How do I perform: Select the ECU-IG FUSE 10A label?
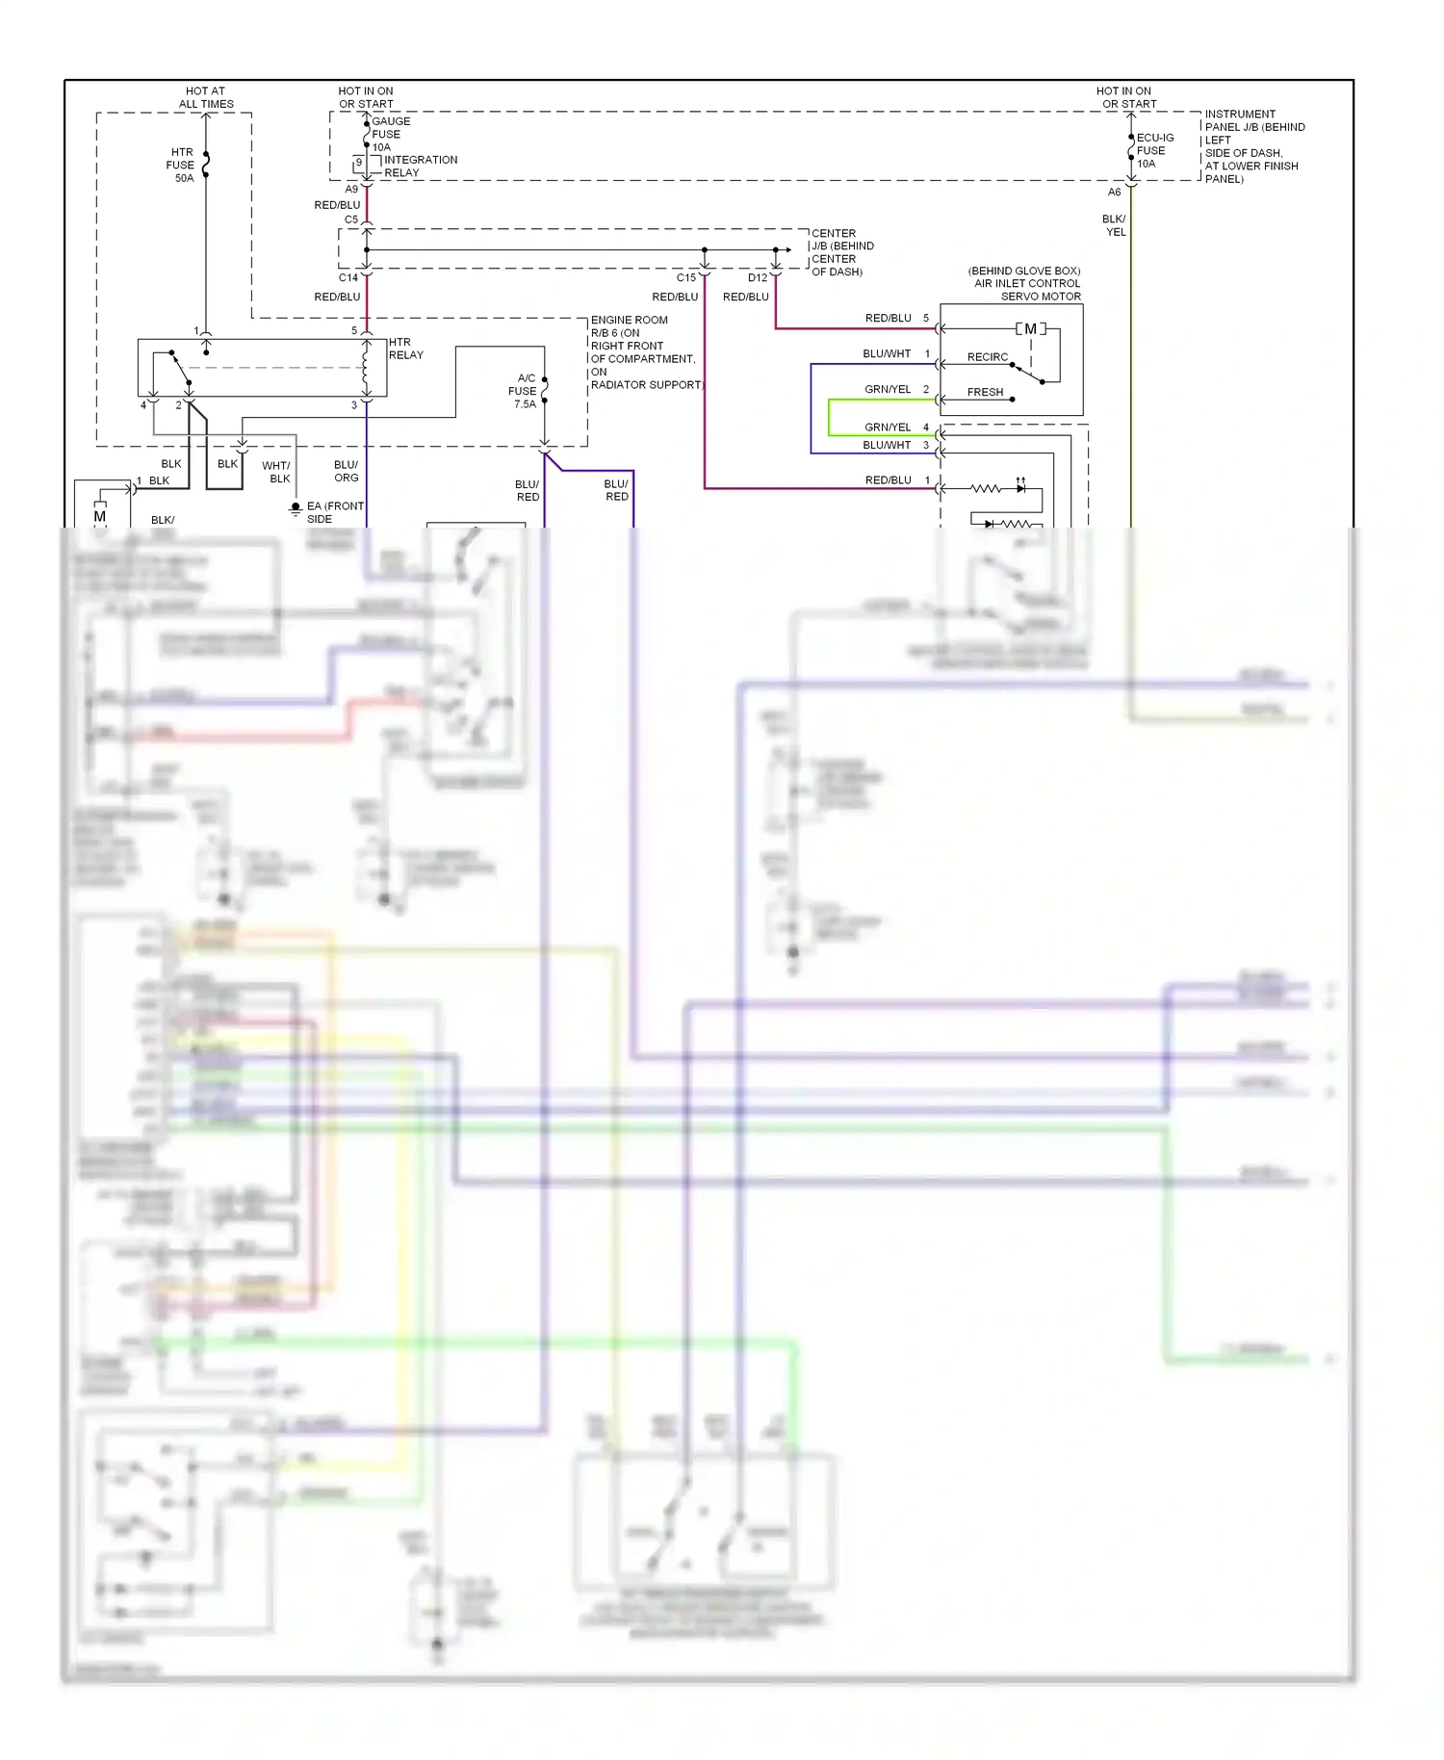[1153, 150]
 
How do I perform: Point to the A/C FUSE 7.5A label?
[524, 391]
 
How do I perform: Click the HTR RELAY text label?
[405, 349]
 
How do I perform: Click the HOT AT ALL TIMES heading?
[206, 97]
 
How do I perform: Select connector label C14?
[348, 277]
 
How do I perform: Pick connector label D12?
[758, 278]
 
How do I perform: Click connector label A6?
[1114, 193]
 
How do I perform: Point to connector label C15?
[685, 278]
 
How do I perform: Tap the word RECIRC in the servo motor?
[987, 357]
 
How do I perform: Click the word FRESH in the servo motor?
[985, 392]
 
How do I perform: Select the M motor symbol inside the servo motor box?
[1030, 329]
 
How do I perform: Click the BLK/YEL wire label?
[1114, 225]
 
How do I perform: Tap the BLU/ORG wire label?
[346, 471]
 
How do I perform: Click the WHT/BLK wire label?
[276, 472]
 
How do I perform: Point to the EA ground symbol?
[296, 508]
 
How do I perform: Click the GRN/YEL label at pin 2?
[887, 389]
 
